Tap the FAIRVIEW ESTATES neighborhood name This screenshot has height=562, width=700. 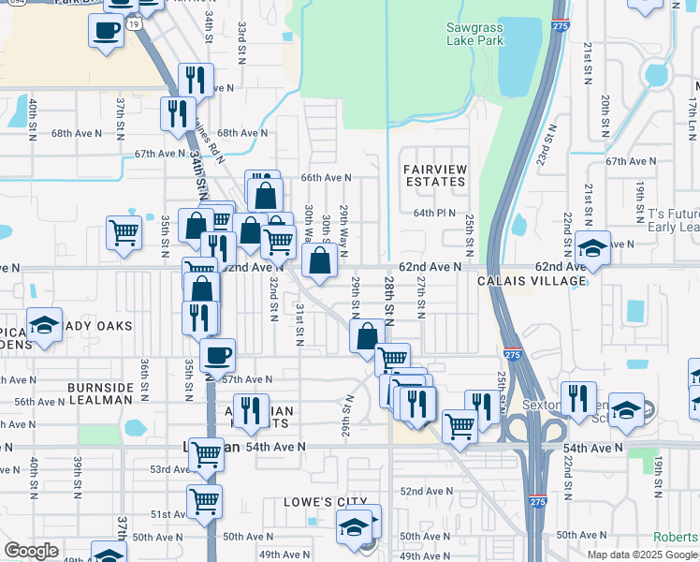435,175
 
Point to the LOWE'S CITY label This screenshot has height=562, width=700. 325,503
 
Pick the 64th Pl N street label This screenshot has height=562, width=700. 434,213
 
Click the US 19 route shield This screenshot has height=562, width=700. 137,23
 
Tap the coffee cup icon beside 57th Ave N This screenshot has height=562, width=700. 217,356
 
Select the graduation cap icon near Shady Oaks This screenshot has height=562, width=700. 44,324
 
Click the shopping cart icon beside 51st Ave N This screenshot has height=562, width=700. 204,499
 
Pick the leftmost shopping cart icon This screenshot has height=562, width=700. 124,231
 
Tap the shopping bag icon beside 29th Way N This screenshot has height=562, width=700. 319,261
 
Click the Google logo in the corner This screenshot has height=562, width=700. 31,551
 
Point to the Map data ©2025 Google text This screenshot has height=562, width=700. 642,555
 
